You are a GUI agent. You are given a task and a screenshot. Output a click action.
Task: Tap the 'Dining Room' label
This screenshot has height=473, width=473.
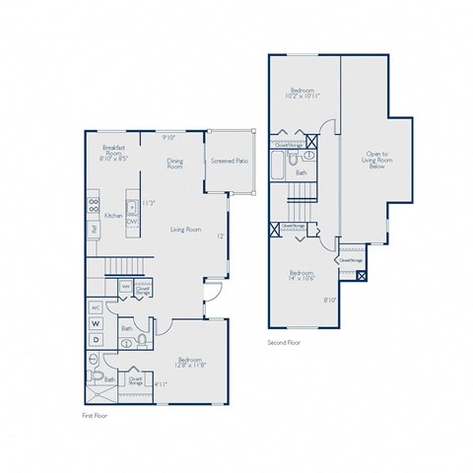[174, 165]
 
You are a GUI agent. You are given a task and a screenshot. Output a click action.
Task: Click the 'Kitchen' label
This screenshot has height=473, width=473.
[113, 215]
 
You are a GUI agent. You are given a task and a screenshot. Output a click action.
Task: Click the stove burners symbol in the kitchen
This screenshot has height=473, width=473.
[95, 207]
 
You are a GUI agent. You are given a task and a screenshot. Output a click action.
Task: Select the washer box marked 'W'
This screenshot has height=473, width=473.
[97, 322]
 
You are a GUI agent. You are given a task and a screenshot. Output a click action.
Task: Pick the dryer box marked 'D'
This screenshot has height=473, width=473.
[97, 340]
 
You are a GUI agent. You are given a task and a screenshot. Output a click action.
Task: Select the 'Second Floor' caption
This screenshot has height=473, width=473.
[285, 343]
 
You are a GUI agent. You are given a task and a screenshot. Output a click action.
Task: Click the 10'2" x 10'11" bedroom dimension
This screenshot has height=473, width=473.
[303, 96]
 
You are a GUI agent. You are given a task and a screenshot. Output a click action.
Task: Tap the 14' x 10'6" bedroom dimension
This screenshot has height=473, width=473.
[301, 277]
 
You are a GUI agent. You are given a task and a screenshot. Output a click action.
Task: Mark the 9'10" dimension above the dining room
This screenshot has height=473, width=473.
[169, 138]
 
